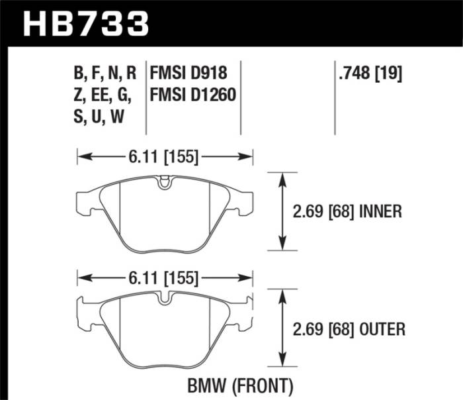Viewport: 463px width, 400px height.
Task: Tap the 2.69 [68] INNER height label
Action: pyautogui.click(x=347, y=212)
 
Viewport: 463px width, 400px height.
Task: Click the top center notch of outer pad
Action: pyautogui.click(x=164, y=299)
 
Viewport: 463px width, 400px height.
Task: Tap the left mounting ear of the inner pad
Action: pyautogui.click(x=87, y=203)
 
